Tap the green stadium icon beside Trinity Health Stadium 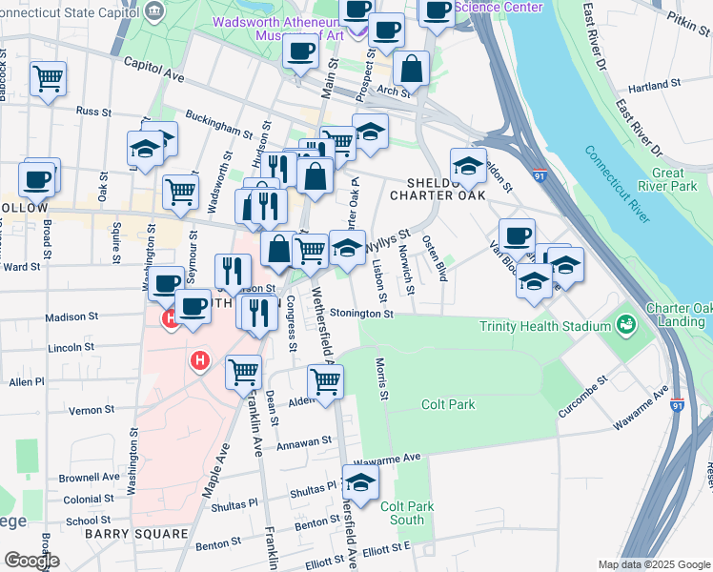[x=625, y=326]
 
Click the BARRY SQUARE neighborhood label [x=135, y=534]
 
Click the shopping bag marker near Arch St [x=412, y=69]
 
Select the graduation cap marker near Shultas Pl [x=360, y=483]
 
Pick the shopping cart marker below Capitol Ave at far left [x=48, y=78]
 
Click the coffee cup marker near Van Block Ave [x=517, y=235]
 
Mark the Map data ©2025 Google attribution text [x=654, y=563]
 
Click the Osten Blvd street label [x=435, y=258]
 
